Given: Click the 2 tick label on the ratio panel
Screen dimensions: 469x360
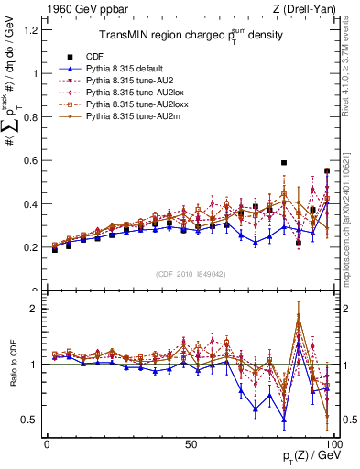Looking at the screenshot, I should click(x=35, y=309).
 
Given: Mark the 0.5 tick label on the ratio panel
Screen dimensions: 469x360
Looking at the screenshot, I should click(x=31, y=420).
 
